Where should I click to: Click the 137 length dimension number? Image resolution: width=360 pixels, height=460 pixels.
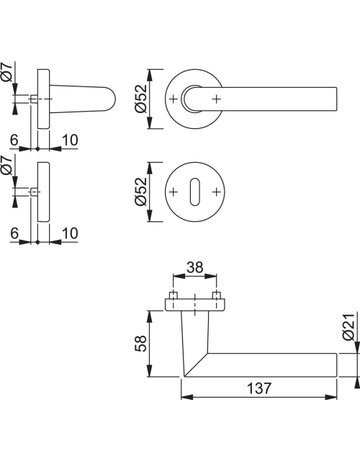pos(259,388)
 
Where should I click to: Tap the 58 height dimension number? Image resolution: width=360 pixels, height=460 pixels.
pos(141,343)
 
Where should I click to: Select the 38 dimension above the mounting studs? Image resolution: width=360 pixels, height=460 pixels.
pos(195,267)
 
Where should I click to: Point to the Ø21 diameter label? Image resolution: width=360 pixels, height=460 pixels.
pos(348,327)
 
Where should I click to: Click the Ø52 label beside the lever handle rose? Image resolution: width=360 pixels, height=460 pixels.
pos(141,99)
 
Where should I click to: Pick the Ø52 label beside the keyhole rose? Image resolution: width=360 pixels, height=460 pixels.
pos(141,191)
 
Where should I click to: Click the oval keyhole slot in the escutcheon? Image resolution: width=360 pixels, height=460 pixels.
pos(195,192)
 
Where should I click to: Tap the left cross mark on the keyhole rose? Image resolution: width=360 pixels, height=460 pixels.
pos(173,192)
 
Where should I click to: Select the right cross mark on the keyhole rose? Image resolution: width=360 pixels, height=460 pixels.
pos(217,192)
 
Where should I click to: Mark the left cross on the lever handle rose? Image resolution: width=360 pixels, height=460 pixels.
pos(173,99)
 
